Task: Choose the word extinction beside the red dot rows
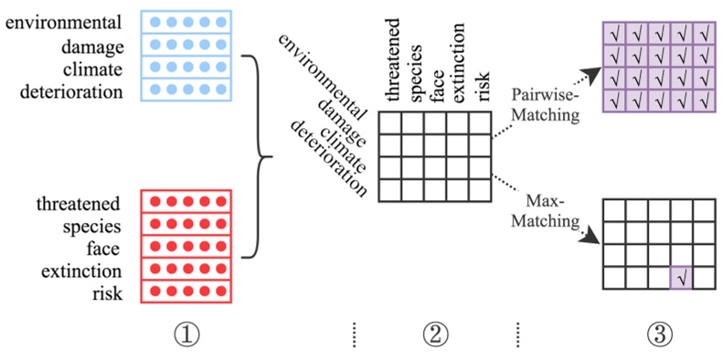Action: [81, 271]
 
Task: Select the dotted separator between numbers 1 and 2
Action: [352, 336]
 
